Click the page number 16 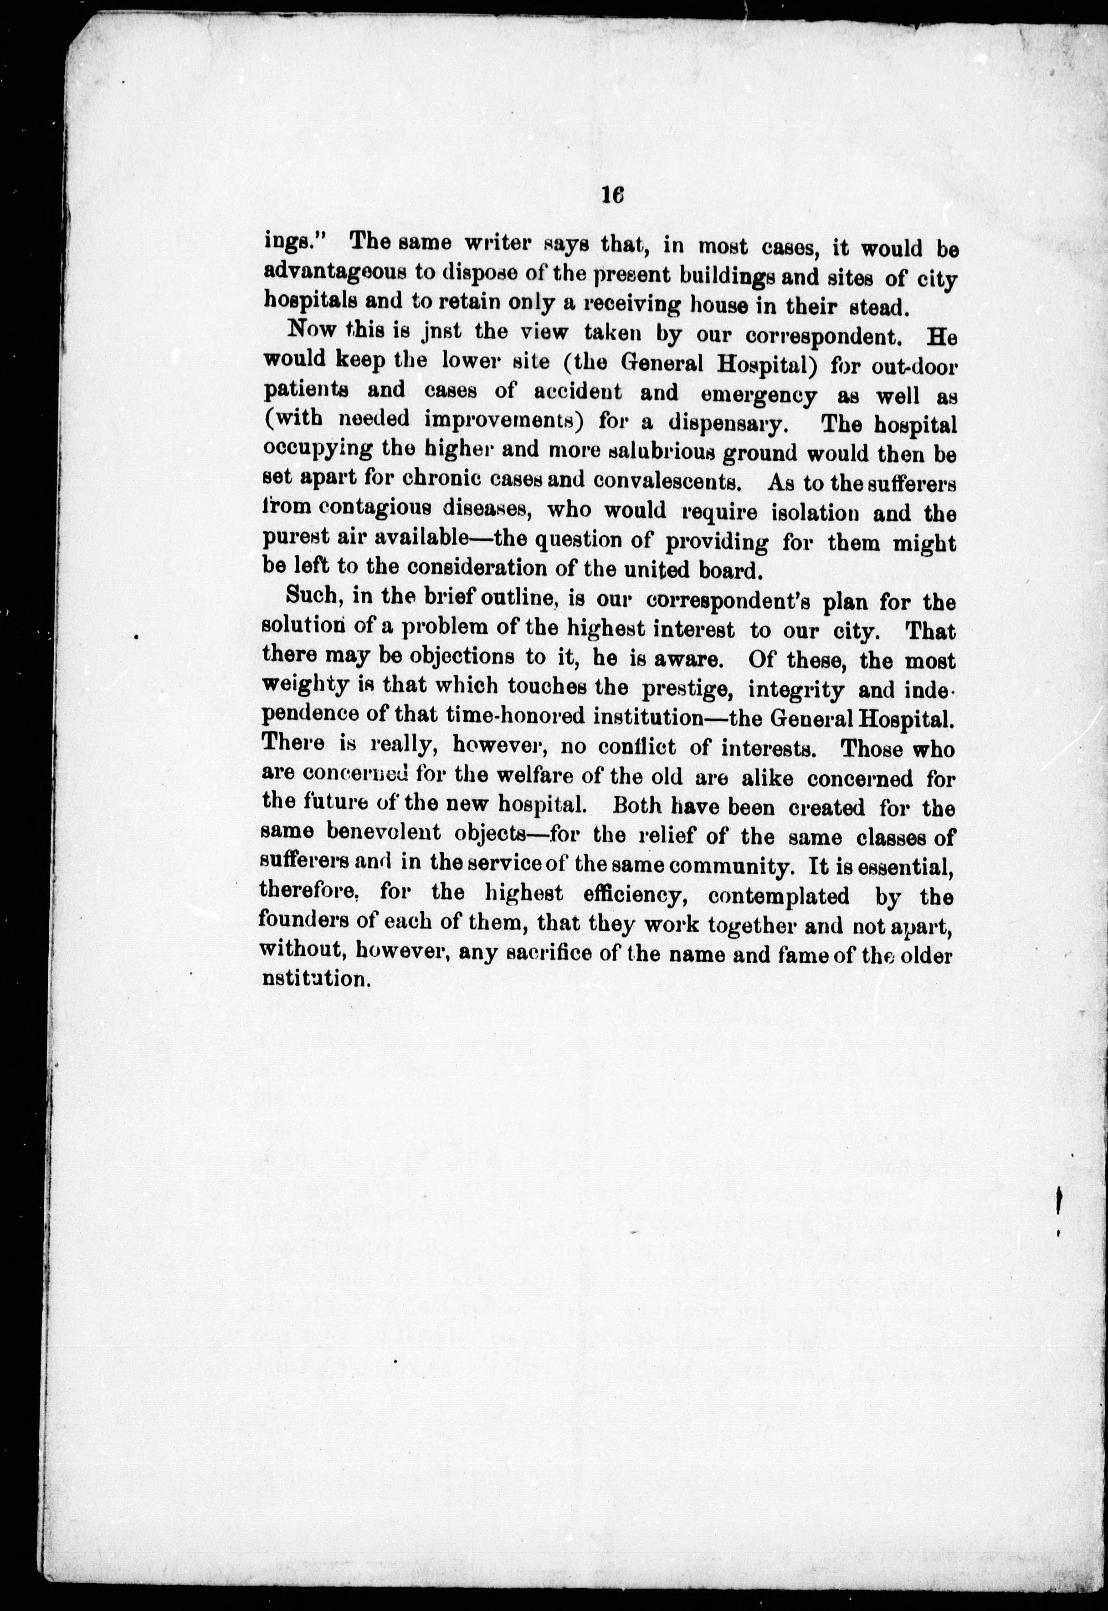tap(613, 196)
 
